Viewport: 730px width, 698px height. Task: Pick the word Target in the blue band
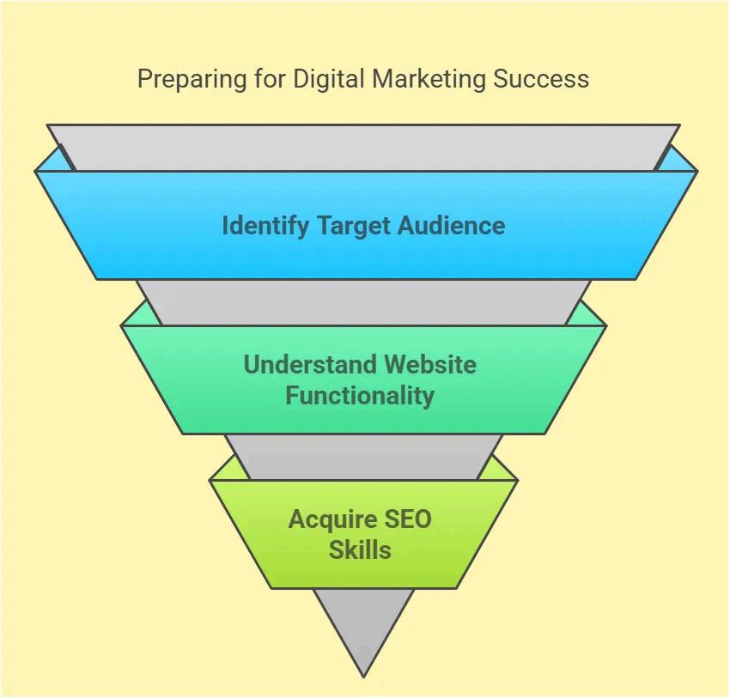click(x=356, y=226)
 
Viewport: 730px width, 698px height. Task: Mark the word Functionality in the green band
click(x=360, y=396)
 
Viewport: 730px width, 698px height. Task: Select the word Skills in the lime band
click(x=360, y=549)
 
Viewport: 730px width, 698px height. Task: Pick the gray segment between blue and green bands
click(x=363, y=301)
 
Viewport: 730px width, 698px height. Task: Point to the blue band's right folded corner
click(x=679, y=160)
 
